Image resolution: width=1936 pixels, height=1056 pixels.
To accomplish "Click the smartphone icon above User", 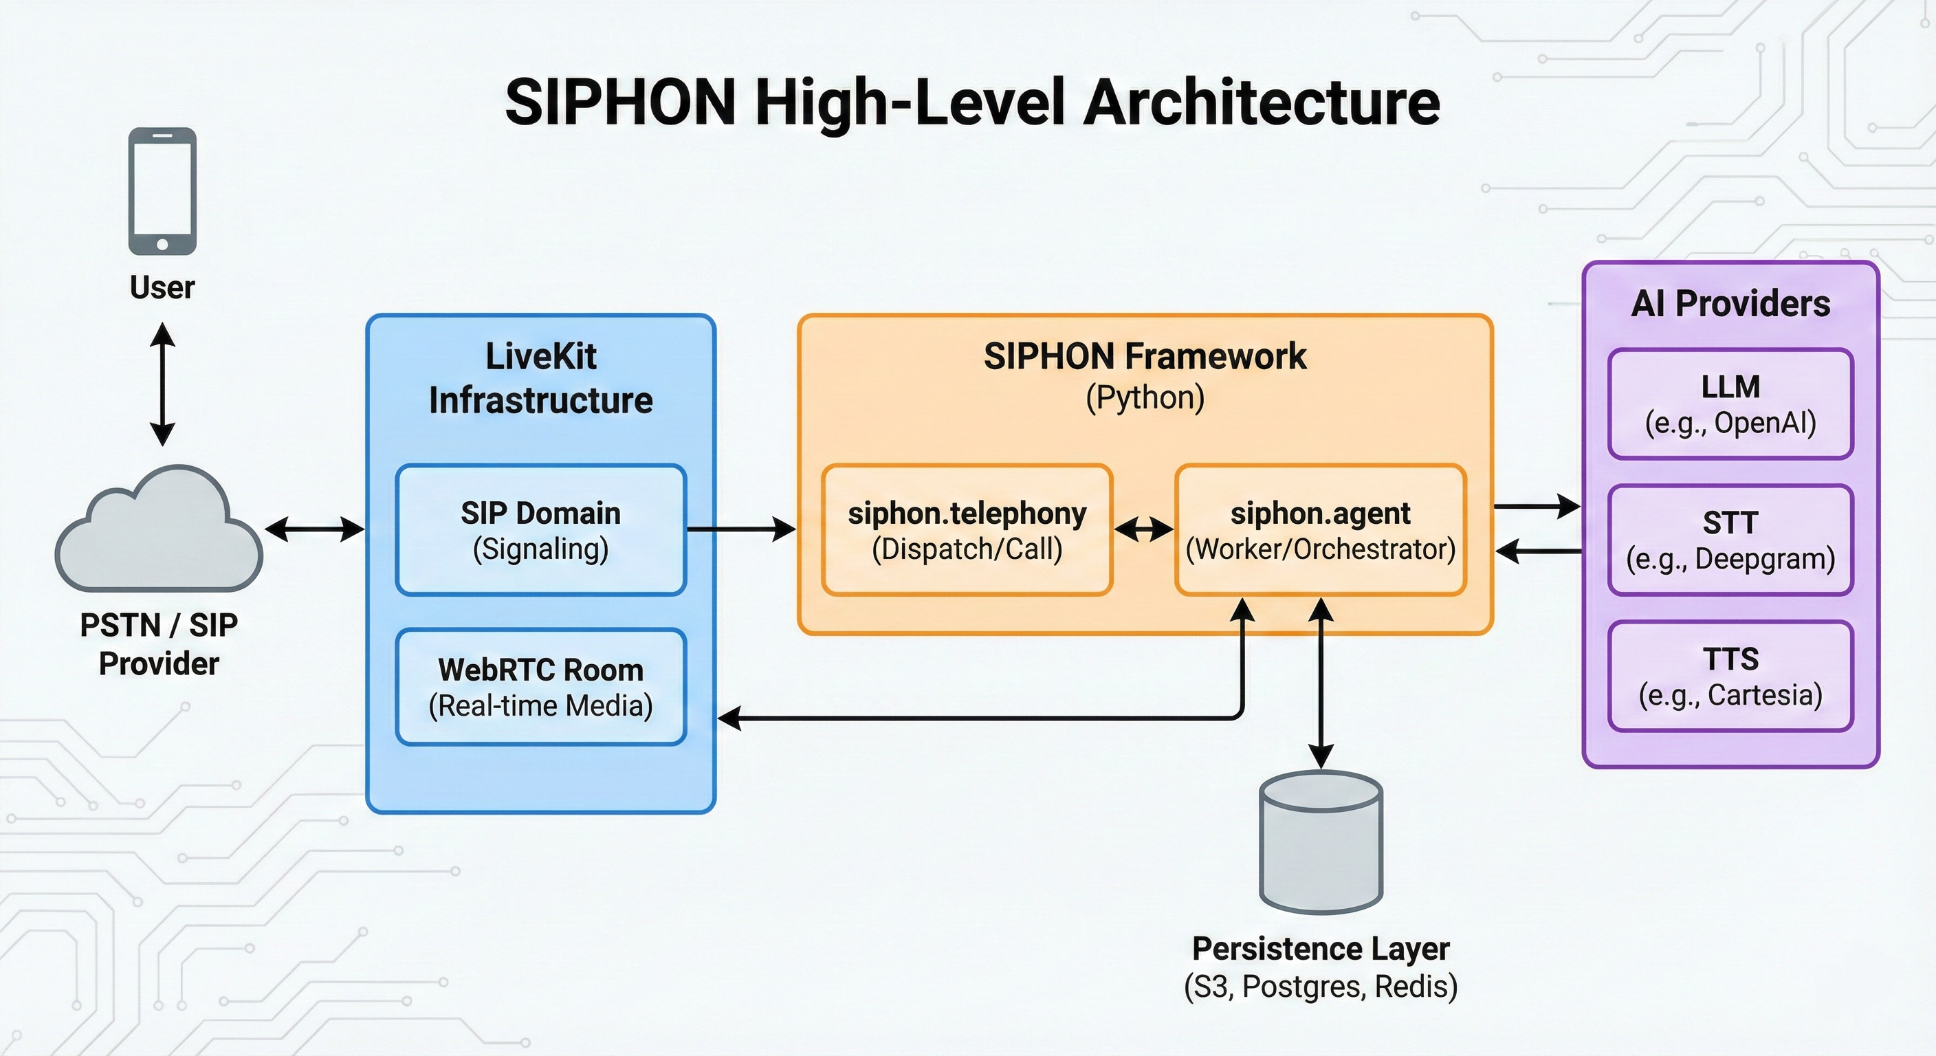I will pos(162,191).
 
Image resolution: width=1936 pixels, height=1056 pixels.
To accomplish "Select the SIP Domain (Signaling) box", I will pos(540,530).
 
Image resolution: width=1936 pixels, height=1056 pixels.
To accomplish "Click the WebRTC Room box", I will pos(540,687).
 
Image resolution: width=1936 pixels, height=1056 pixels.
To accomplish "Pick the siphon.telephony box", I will pos(967,530).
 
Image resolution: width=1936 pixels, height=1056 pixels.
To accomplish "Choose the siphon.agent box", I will pos(1320,530).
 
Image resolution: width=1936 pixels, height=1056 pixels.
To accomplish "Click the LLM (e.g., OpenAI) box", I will pos(1730,404).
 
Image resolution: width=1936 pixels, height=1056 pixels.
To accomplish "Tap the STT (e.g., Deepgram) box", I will pos(1730,540).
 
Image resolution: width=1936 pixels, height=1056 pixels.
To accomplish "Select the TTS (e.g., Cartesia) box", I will pos(1730,676).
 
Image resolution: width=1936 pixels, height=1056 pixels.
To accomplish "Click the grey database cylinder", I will pos(1321,841).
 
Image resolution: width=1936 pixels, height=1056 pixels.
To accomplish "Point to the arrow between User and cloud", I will pos(162,384).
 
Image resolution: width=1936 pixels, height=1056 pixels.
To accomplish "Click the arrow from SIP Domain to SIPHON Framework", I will pos(740,530).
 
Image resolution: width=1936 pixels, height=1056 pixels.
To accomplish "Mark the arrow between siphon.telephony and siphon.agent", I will pos(1143,531).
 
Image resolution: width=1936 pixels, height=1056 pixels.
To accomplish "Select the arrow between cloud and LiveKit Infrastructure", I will pos(314,529).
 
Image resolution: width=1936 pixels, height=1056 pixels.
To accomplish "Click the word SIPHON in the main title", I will pos(620,102).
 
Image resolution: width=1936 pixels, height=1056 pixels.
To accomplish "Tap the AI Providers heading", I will pos(1730,304).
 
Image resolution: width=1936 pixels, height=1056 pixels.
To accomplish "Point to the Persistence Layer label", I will pos(1321,949).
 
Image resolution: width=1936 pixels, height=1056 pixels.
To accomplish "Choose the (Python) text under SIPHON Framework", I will pos(1145,397).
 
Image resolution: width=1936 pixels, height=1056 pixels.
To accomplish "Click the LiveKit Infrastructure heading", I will pos(540,378).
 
